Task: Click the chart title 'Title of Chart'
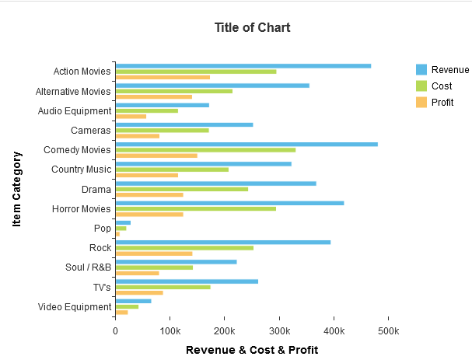252,27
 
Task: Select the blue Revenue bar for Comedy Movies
246,144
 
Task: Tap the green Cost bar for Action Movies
195,72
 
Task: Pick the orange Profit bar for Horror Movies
149,214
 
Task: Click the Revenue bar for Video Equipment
133,301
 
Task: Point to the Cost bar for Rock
184,248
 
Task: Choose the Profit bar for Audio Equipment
131,117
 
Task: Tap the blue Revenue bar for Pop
123,222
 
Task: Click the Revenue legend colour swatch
421,69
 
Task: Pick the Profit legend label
442,102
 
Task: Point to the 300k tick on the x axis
279,330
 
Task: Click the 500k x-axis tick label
388,330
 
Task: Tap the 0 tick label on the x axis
115,330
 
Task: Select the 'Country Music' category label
82,170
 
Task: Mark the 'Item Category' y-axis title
17,189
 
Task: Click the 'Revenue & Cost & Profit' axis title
252,350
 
